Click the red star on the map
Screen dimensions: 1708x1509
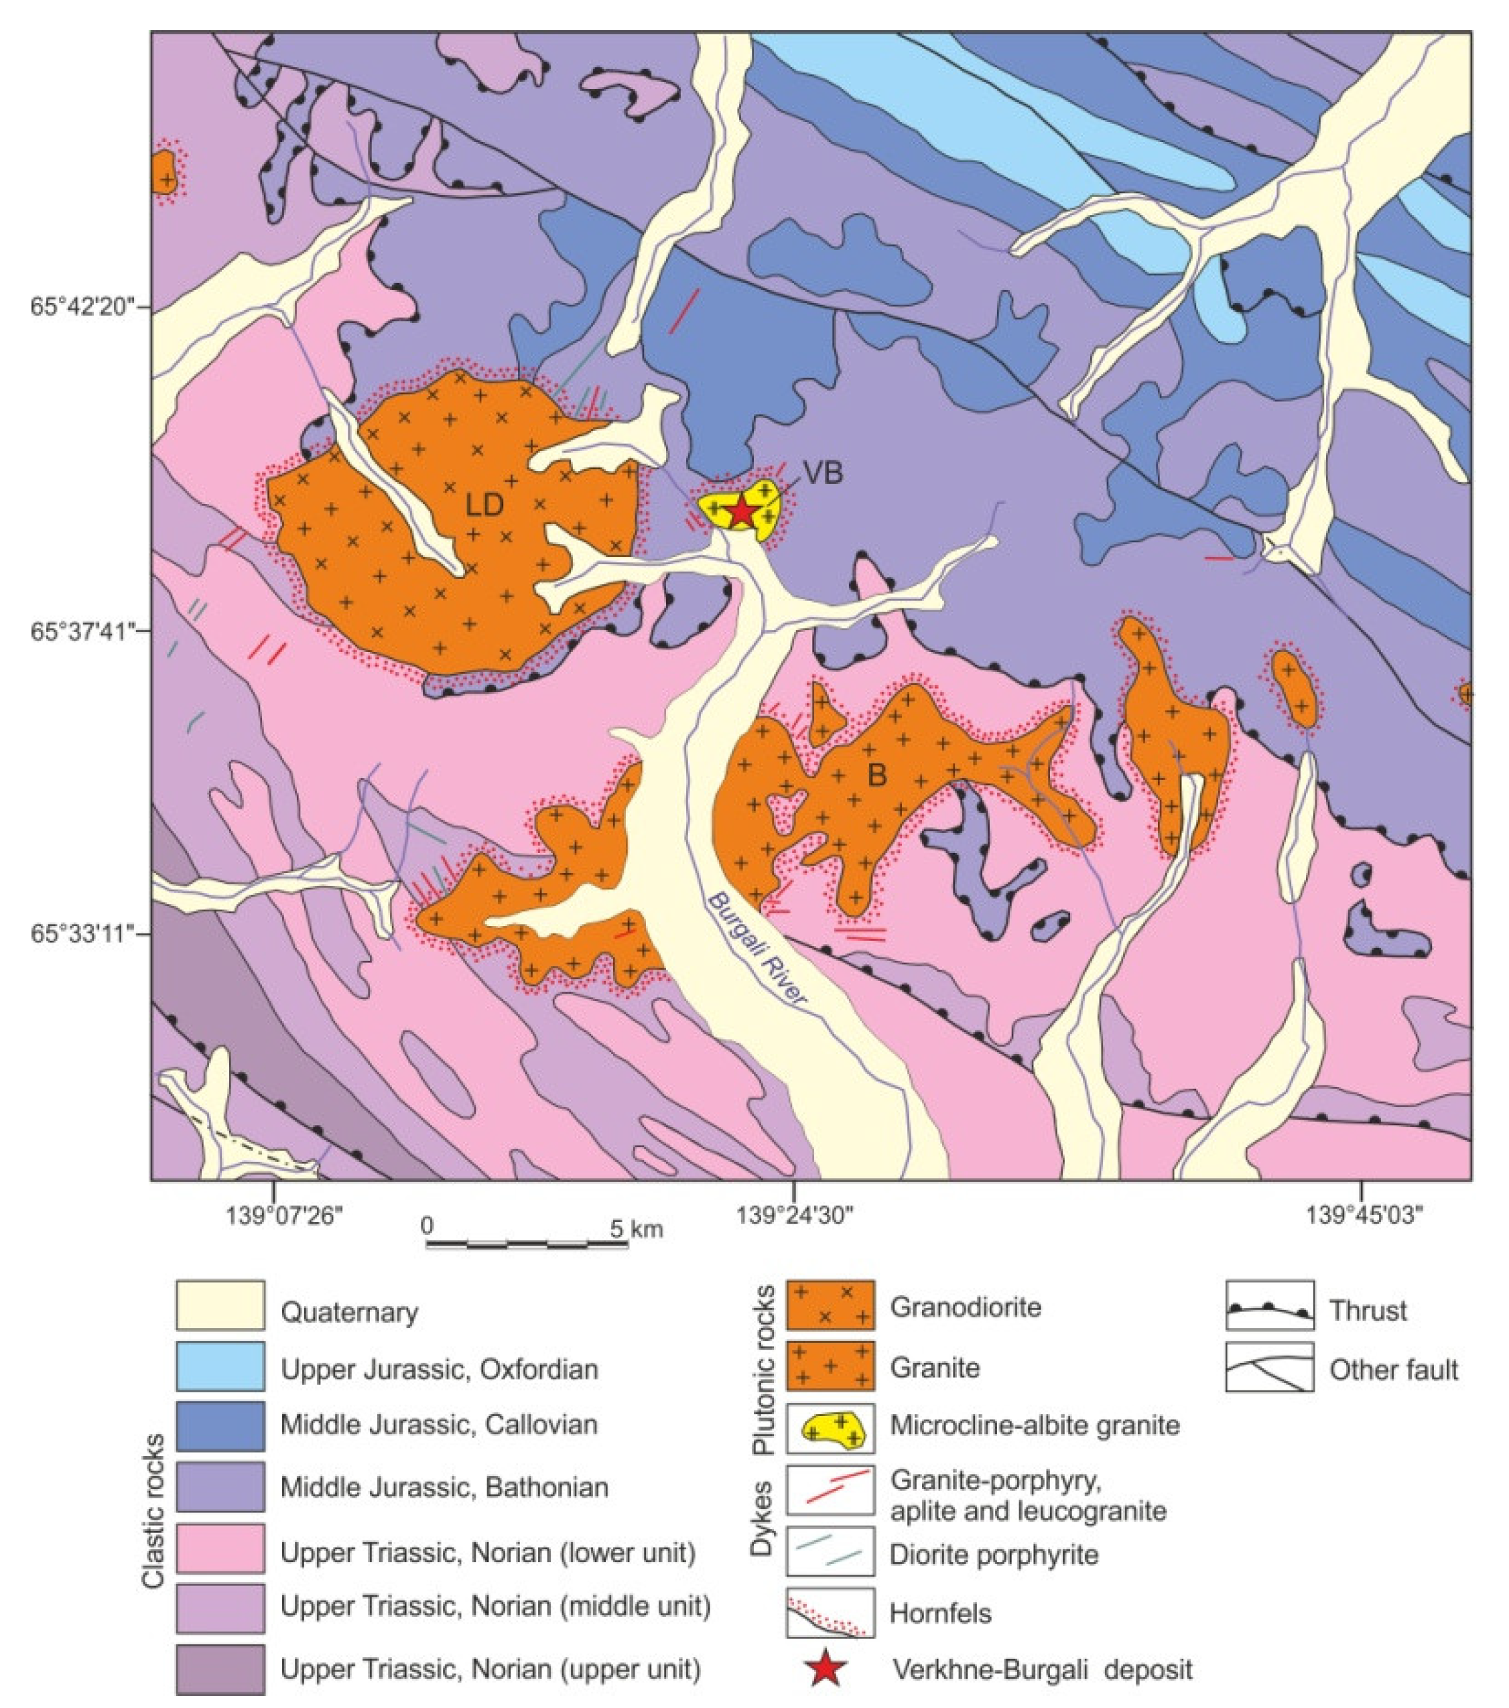coord(742,511)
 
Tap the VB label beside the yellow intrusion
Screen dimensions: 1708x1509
coord(822,474)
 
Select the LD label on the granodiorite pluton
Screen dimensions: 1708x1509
coord(484,505)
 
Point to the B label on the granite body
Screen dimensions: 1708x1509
coord(876,775)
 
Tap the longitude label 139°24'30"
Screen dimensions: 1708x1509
coord(794,1215)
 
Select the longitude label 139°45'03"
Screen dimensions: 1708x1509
coord(1364,1215)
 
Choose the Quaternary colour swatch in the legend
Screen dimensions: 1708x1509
coord(220,1305)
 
